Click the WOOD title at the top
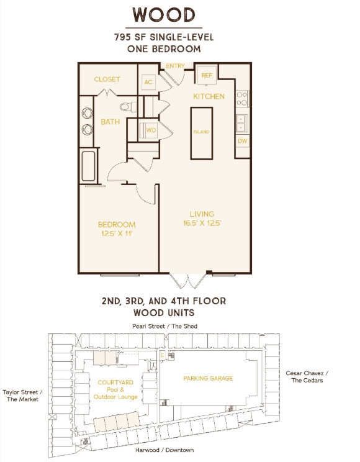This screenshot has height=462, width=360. (x=164, y=15)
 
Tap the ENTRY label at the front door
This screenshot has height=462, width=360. (x=175, y=66)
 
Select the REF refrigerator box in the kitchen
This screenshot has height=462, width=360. (x=207, y=75)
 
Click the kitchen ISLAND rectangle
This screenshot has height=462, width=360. (x=202, y=134)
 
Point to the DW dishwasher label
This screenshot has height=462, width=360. (x=243, y=141)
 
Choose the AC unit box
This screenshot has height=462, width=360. (x=148, y=82)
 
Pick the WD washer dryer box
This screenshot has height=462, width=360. (x=148, y=130)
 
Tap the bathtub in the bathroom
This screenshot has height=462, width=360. (x=88, y=166)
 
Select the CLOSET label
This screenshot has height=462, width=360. (x=107, y=79)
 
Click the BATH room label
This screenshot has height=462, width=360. (x=110, y=122)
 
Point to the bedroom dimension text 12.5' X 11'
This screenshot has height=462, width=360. (x=117, y=234)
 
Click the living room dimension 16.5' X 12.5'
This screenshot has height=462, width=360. (x=202, y=223)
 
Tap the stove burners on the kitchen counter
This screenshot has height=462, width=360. (x=242, y=99)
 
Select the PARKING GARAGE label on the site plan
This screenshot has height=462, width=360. (x=208, y=378)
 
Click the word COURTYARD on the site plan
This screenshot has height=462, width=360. (x=115, y=382)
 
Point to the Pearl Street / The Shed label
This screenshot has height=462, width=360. (x=164, y=326)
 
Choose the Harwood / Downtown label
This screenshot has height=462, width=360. (x=164, y=450)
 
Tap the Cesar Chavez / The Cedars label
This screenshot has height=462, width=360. (x=307, y=376)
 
